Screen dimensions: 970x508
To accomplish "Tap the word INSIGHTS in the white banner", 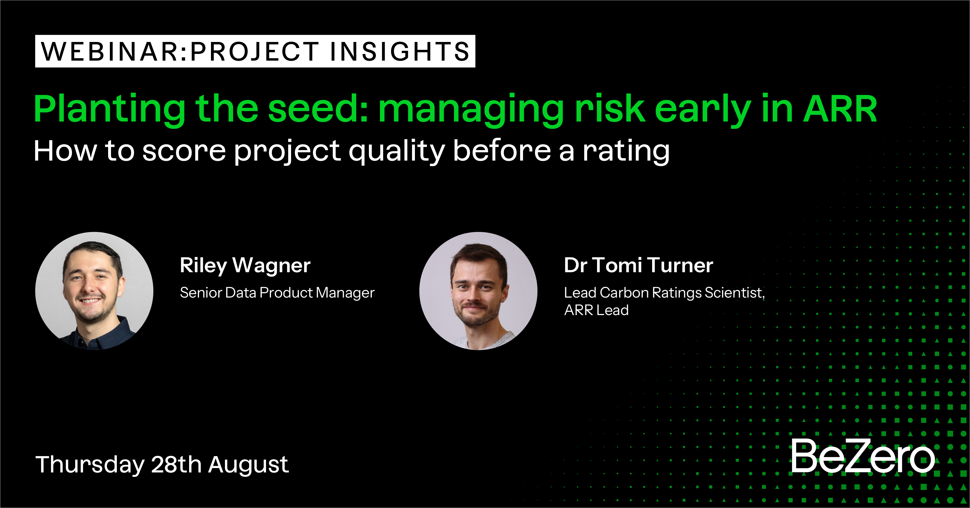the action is [x=399, y=51].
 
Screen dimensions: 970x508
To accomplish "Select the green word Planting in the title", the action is [x=110, y=110].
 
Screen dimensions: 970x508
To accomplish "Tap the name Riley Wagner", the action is [x=245, y=266].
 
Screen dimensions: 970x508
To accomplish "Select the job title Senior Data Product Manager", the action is [x=277, y=293].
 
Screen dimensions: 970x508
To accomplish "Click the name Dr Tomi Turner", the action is [x=638, y=265].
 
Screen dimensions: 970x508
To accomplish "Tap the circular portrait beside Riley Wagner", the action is [x=94, y=291].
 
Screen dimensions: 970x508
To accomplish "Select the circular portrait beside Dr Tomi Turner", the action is [x=478, y=291].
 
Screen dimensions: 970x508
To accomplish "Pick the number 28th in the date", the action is [x=176, y=464].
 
